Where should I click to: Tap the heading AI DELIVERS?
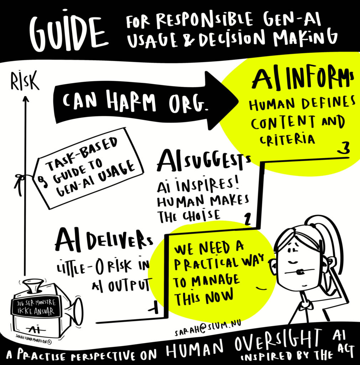pyautogui.click(x=104, y=242)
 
